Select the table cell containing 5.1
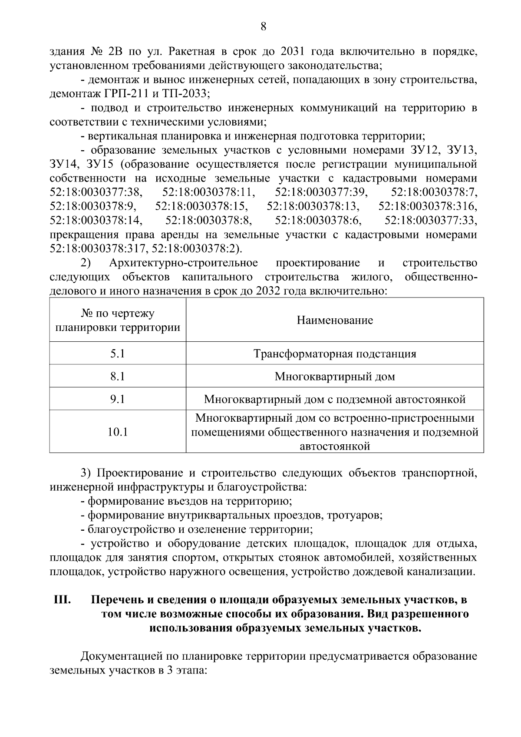point(117,354)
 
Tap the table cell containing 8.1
point(117,376)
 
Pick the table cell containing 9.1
point(117,399)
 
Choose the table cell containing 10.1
point(117,432)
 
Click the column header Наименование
point(335,321)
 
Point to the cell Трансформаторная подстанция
point(335,354)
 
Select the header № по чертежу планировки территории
point(117,321)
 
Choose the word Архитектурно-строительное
point(184,263)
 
